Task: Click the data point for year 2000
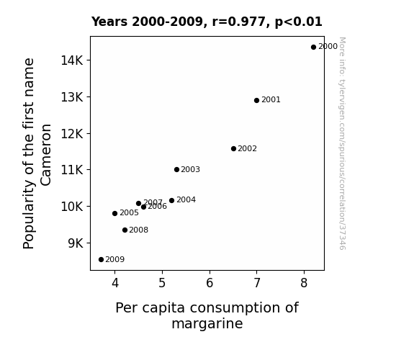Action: (313, 48)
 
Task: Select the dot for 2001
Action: (256, 100)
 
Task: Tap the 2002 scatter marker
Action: (234, 149)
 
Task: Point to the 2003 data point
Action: (177, 170)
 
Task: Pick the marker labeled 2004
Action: (172, 200)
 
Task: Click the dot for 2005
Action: (115, 213)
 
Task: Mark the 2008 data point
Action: (125, 230)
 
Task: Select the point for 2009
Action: (101, 260)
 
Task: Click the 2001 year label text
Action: (271, 100)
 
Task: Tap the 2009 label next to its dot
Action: (115, 260)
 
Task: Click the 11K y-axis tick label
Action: (72, 170)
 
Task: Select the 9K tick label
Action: (76, 243)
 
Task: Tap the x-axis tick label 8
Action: (304, 283)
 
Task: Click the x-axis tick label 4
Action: (115, 283)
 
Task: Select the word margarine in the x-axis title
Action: (207, 324)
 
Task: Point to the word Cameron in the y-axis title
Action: (46, 155)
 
